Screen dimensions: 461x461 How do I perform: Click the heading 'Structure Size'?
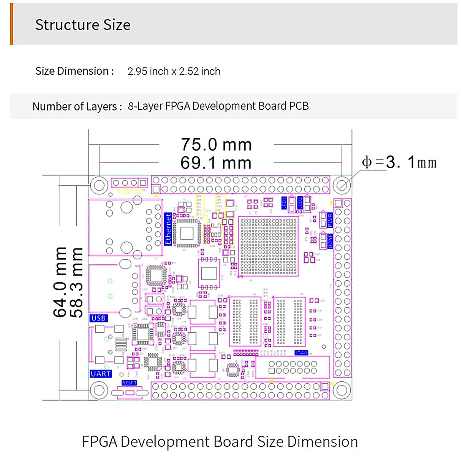[83, 25]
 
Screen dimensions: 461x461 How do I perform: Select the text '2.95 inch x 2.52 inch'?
[174, 71]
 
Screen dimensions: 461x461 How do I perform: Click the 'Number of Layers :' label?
[77, 106]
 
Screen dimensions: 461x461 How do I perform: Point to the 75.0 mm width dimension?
[216, 144]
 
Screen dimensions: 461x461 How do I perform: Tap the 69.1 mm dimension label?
[216, 163]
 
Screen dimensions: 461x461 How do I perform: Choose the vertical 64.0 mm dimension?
[60, 282]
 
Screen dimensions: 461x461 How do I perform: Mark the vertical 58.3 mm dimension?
[77, 282]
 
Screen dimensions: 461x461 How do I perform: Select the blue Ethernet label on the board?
[168, 229]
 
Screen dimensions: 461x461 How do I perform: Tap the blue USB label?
[98, 318]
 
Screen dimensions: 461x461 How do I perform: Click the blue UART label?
[101, 373]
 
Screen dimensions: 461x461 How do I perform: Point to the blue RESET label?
[129, 383]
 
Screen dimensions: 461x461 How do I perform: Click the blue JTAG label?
[302, 353]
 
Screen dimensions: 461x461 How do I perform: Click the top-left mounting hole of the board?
[99, 185]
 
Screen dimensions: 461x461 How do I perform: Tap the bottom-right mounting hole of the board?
[342, 390]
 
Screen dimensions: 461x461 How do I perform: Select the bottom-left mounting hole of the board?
[99, 390]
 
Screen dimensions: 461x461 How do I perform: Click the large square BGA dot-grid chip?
[269, 246]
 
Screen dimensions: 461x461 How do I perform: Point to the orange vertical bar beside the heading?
[12, 24]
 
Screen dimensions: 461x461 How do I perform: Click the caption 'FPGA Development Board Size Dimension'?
[220, 442]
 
